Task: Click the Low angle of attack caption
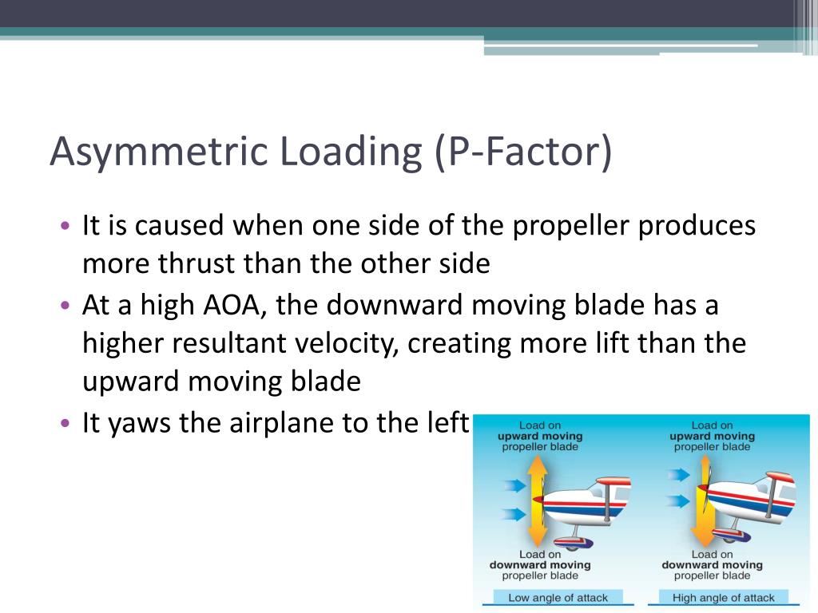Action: click(x=558, y=597)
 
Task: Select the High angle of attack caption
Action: click(x=724, y=597)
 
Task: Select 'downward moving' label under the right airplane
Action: click(x=712, y=565)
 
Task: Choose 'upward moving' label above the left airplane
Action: click(x=540, y=437)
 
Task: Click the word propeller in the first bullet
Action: click(x=565, y=226)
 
